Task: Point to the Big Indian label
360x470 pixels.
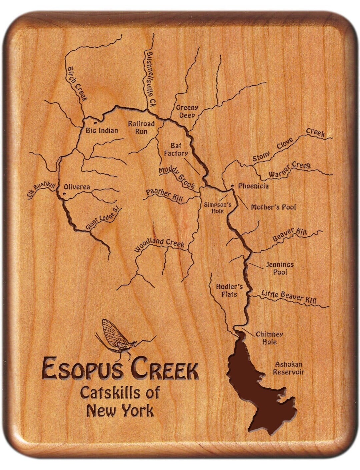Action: click(x=102, y=130)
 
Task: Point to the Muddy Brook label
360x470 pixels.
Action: click(x=177, y=178)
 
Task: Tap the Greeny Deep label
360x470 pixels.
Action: click(x=187, y=111)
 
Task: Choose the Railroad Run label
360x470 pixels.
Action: click(x=142, y=127)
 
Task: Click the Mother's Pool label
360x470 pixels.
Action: click(x=273, y=207)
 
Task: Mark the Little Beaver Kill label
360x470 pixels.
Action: click(x=289, y=296)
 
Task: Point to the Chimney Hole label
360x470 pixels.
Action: click(x=269, y=338)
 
